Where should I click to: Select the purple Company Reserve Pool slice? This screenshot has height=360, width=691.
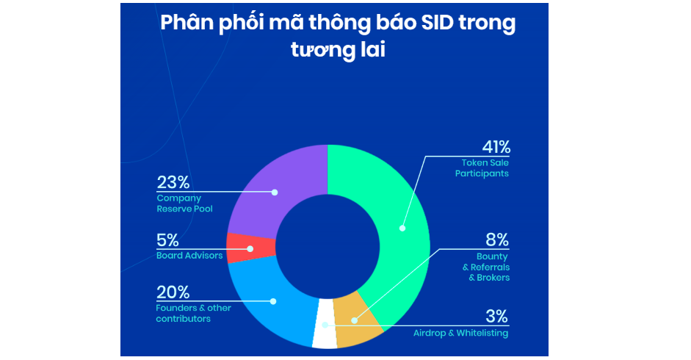pos(282,185)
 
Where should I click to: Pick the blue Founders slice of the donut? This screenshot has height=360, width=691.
pos(273,304)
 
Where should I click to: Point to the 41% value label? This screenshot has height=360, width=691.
pos(496,147)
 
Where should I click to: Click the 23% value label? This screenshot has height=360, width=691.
pos(173,182)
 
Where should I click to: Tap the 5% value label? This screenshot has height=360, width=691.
pos(167,240)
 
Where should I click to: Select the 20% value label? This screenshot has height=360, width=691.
pos(173,292)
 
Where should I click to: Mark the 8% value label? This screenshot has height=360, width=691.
pos(497,240)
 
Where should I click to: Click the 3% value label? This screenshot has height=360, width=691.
pos(497,317)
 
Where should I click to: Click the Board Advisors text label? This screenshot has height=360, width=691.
pos(189,256)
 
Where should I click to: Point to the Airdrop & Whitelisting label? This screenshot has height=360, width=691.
pos(460,333)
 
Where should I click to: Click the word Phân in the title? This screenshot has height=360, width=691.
pos(187,23)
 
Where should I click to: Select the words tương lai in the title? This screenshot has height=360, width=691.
pos(338,49)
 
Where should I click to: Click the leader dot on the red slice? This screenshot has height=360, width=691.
pos(250,249)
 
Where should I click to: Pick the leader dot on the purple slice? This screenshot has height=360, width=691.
pos(275,192)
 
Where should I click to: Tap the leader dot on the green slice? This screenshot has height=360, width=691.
pos(402,228)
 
